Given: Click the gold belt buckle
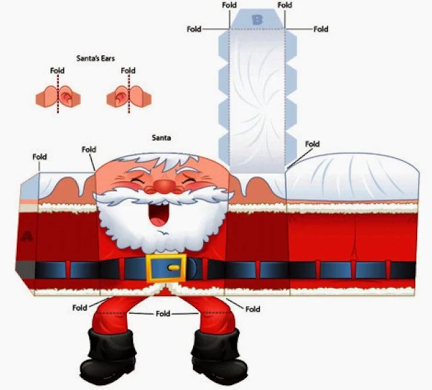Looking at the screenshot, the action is point(165,268).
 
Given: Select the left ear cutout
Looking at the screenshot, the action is point(58,98).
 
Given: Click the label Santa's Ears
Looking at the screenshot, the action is point(94,58).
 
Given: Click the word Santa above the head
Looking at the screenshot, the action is point(161,138).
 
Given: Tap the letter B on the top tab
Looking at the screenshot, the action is point(257,20).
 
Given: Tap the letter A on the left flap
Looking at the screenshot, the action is point(28,236).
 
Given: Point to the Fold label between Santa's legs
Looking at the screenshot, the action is point(163,314).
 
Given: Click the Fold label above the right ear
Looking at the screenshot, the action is point(127,70).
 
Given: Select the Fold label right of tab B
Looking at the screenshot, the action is point(321,29).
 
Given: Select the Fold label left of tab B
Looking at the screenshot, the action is point(194,28).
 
